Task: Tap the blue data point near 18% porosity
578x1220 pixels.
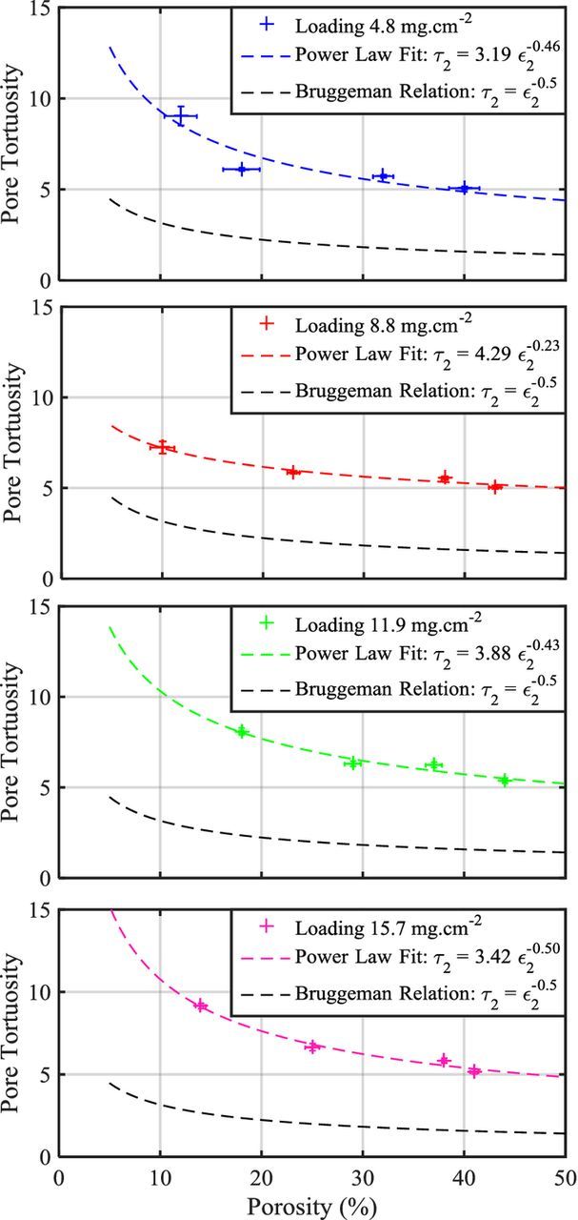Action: coord(241,169)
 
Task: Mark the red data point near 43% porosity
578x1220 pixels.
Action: coord(495,486)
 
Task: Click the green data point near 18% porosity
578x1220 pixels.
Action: coord(242,731)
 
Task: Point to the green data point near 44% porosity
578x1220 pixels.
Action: coord(505,780)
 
